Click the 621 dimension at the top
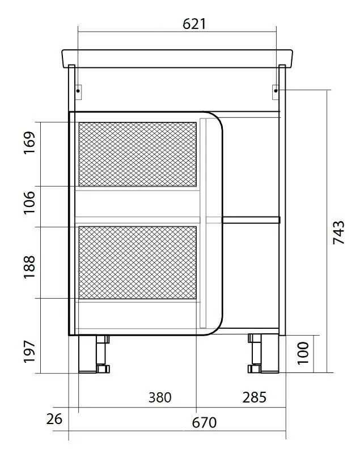(194, 24)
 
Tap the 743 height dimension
(339, 232)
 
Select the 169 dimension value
(29, 143)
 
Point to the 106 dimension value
(29, 202)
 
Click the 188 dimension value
(29, 267)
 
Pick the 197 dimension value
(29, 351)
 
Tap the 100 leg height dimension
(303, 353)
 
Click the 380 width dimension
(160, 397)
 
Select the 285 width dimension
(255, 397)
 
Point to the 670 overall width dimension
(204, 422)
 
